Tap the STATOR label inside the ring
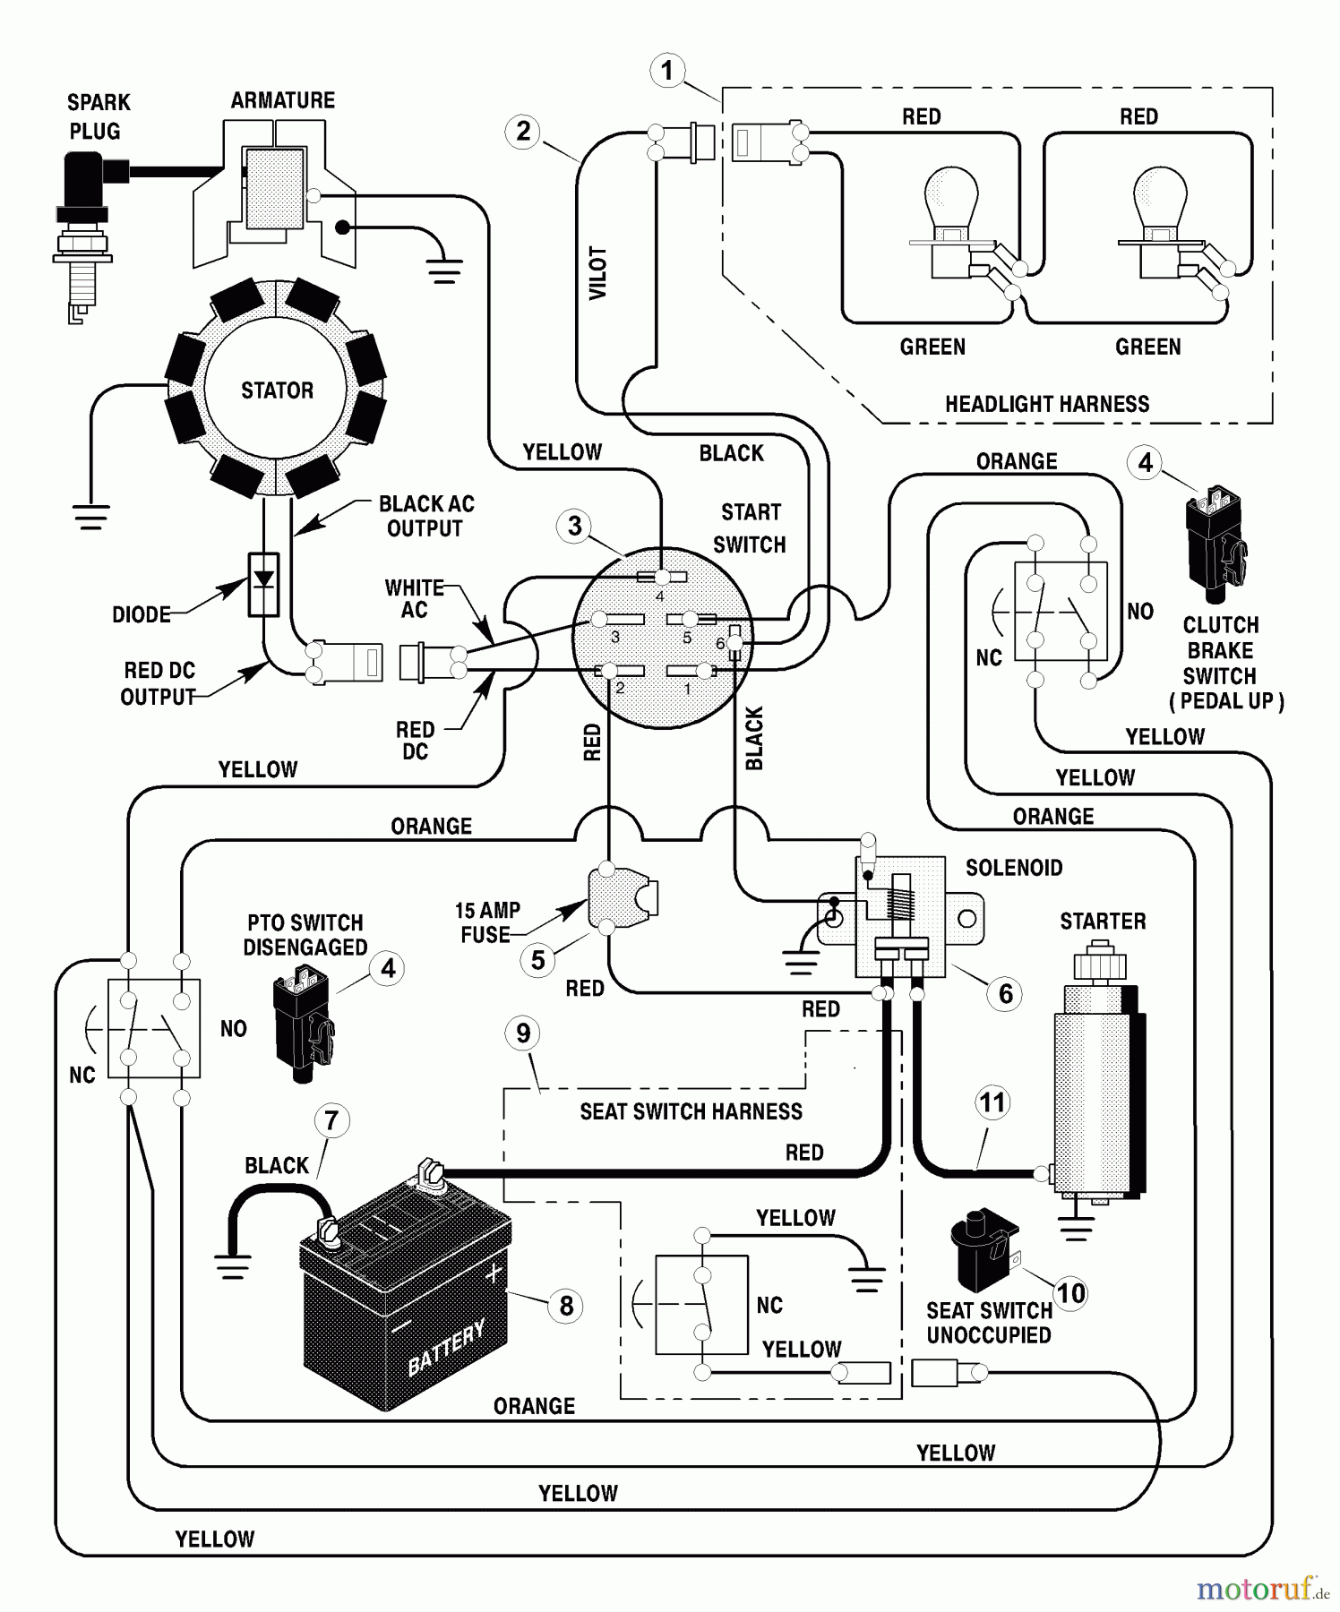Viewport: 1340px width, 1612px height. tap(277, 390)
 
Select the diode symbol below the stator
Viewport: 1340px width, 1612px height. tap(263, 584)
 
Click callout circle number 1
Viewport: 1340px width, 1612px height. tap(666, 71)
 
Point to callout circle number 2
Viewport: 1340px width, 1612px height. tap(523, 132)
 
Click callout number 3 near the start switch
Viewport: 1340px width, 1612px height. tap(574, 526)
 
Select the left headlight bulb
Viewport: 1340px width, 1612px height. tap(951, 201)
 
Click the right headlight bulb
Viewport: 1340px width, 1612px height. tap(1160, 201)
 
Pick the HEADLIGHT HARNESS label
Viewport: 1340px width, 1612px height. tap(1047, 404)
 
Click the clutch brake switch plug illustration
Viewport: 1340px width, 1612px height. tap(1215, 544)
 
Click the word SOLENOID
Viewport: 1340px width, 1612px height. tap(1014, 868)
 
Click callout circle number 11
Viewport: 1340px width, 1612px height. tap(992, 1102)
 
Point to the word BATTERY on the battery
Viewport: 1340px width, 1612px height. tap(446, 1347)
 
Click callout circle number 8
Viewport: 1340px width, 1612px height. tap(566, 1306)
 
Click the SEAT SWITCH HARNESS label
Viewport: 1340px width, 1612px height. tap(691, 1111)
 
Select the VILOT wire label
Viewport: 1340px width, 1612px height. tap(597, 273)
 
